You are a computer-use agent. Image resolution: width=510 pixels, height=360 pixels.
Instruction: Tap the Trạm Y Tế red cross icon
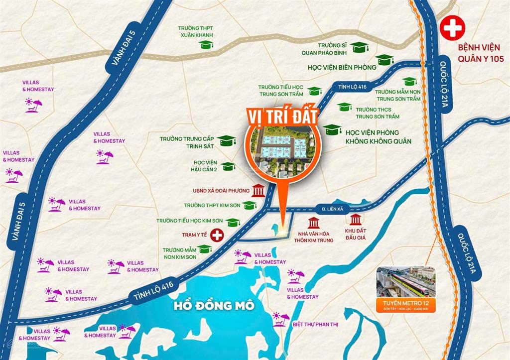click(217, 235)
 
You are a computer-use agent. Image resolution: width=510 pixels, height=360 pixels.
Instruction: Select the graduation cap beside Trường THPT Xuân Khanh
click(205, 45)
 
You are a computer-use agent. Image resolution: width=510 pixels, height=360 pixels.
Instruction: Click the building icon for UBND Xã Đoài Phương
click(258, 191)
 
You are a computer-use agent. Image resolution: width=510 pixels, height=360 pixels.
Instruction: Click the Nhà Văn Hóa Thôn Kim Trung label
click(314, 234)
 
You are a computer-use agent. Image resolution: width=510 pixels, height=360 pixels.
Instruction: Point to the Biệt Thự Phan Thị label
click(315, 325)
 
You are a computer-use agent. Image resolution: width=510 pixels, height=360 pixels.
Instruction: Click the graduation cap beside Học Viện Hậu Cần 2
click(229, 166)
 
